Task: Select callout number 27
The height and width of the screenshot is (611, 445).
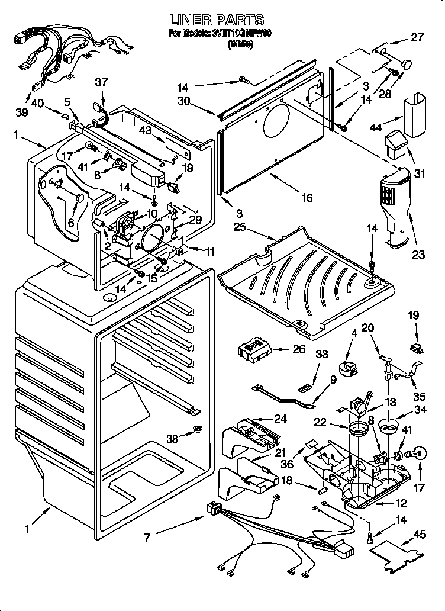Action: coord(417,37)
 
